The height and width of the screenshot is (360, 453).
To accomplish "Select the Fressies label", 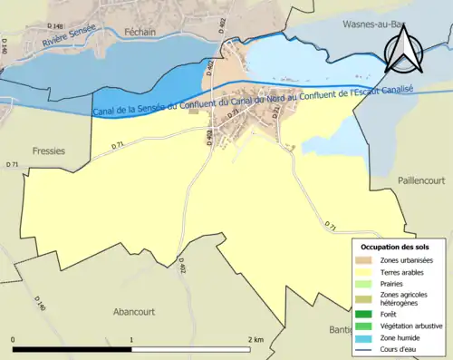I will pyautogui.click(x=47, y=151).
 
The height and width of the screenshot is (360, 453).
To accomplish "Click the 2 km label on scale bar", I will pyautogui.click(x=255, y=339).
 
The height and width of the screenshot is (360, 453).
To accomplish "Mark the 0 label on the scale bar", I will pyautogui.click(x=14, y=339).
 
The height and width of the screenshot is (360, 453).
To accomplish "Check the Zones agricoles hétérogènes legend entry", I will pyautogui.click(x=404, y=299).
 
